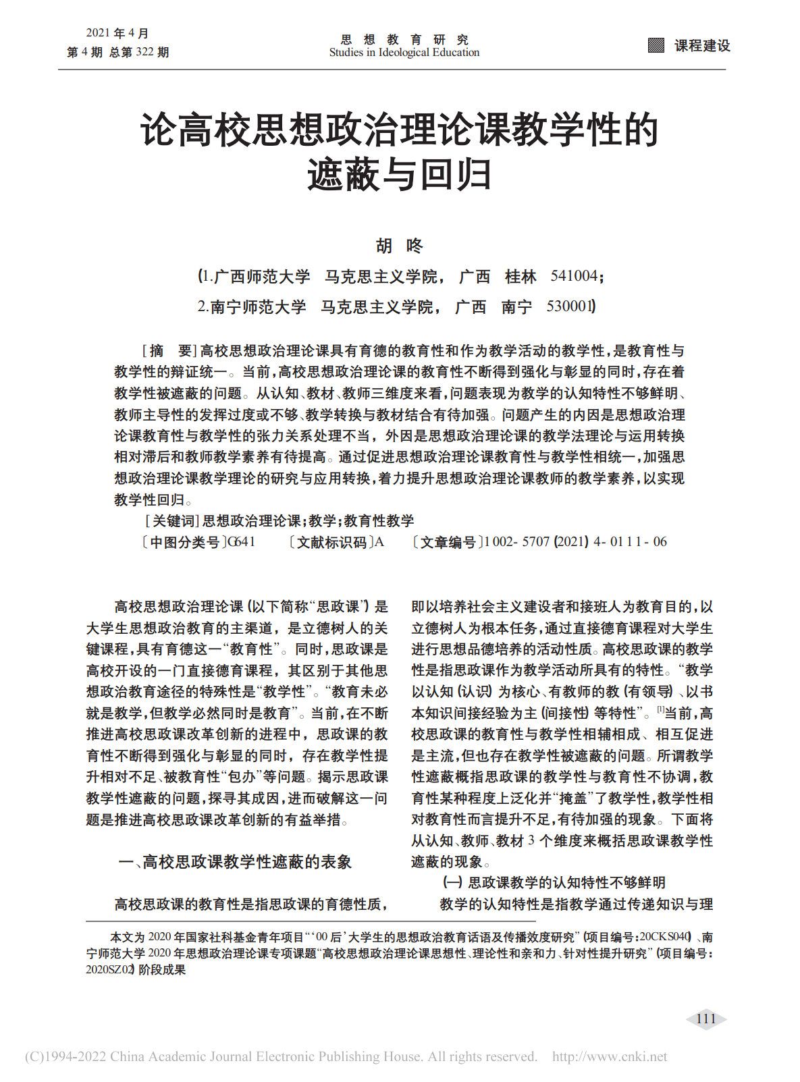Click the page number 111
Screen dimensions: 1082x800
[705, 1019]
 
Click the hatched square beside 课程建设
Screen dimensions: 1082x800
[656, 45]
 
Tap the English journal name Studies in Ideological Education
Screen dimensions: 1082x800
[404, 53]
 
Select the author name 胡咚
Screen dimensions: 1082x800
[399, 246]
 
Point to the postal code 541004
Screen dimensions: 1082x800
[574, 276]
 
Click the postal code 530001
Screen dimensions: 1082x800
[570, 306]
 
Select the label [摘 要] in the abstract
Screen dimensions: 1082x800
[168, 351]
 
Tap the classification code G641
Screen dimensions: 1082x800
[241, 542]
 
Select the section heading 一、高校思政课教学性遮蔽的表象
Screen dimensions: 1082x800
[234, 862]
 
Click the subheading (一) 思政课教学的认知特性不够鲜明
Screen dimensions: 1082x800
[554, 883]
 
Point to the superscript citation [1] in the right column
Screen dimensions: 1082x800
[661, 709]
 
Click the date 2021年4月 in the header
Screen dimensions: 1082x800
[117, 33]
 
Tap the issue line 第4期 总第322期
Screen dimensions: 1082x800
[117, 53]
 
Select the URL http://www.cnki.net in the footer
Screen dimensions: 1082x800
[609, 1057]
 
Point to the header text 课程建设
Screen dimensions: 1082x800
[702, 45]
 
